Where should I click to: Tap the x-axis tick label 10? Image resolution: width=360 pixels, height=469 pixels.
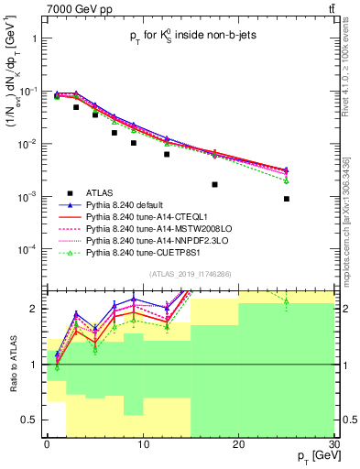click(142, 445)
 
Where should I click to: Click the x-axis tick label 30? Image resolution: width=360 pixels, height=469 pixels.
click(333, 445)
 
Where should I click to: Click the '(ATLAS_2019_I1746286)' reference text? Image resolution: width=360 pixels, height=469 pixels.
click(191, 274)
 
